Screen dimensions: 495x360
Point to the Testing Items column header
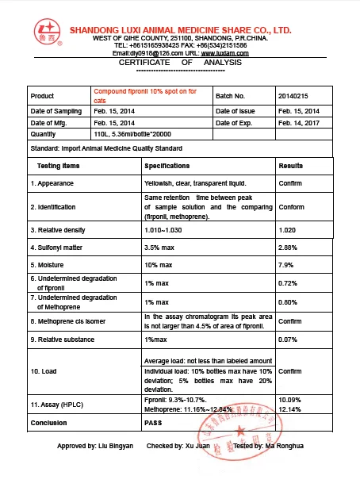tap(59, 166)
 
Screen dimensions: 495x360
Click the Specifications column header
tap(167, 166)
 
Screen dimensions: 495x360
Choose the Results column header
tap(291, 166)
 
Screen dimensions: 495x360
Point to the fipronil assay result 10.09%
tap(290, 399)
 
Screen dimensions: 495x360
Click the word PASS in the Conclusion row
tap(153, 423)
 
